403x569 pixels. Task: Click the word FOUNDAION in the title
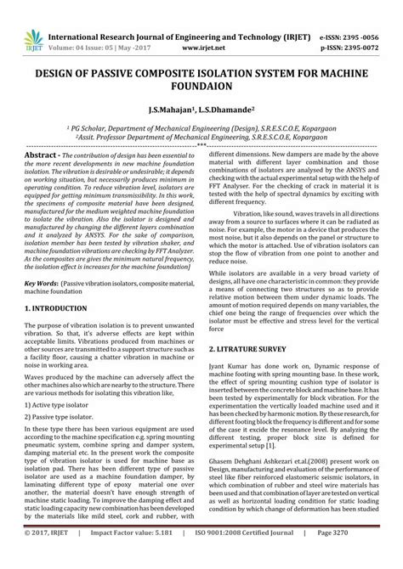[x=201, y=89]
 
